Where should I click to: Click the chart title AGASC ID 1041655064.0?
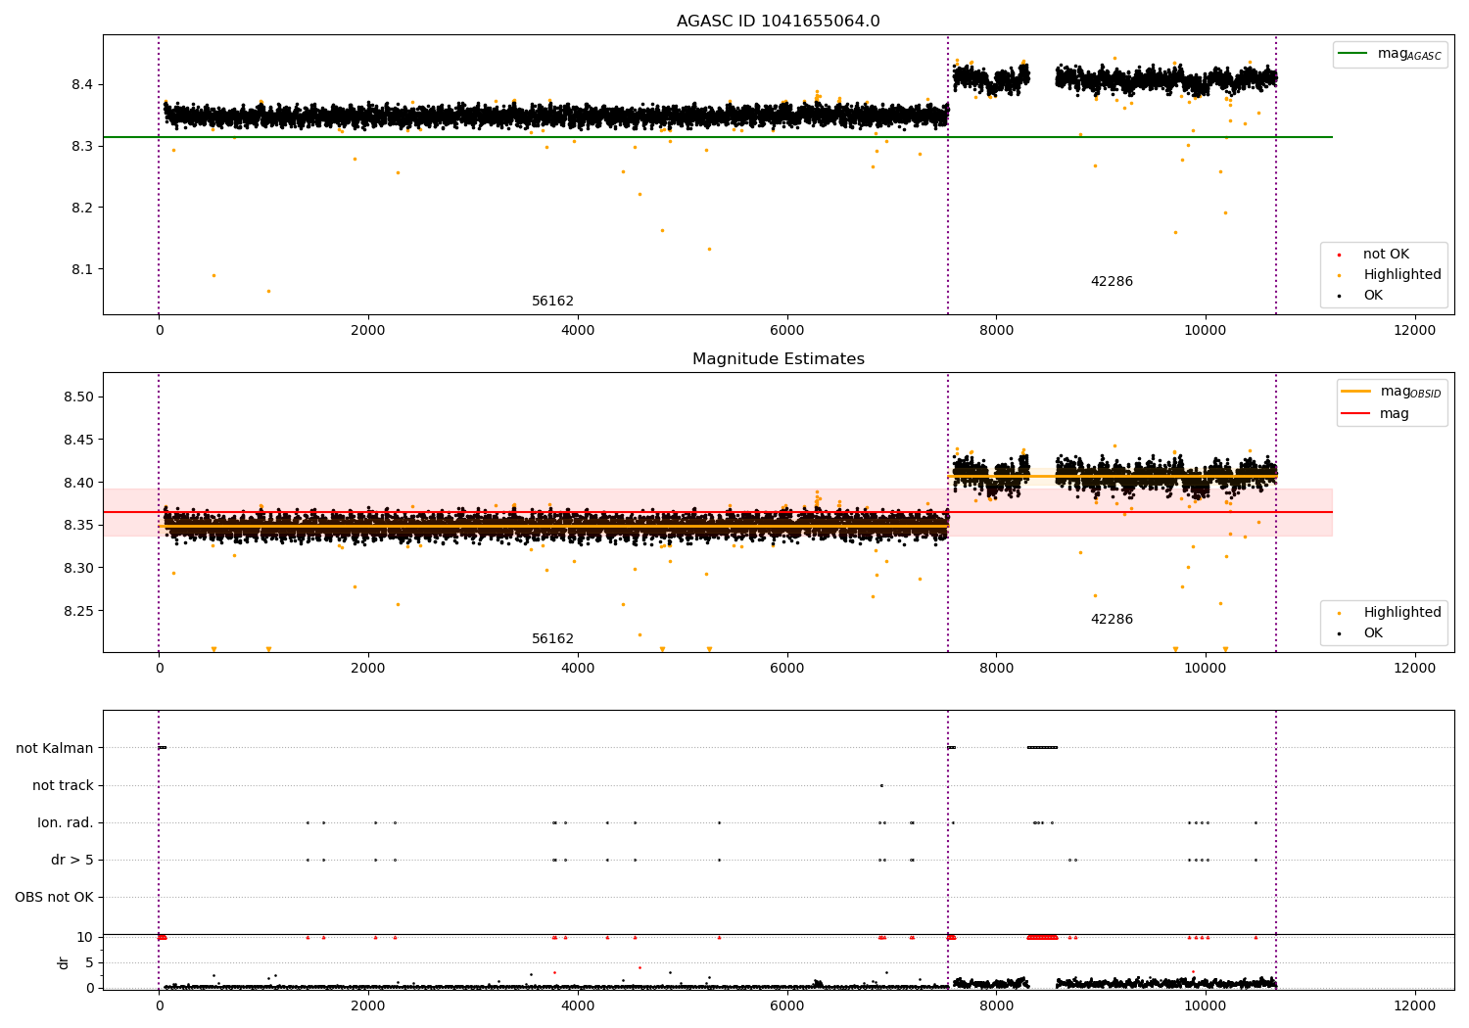778,22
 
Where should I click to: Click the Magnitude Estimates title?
778,359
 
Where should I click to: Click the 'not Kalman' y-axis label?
55,748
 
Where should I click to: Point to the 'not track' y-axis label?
63,785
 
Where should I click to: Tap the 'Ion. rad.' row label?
66,822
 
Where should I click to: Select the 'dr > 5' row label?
72,860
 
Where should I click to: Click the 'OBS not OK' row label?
54,897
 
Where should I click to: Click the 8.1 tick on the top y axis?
82,269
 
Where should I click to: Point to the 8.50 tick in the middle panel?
78,397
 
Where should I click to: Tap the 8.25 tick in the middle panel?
78,611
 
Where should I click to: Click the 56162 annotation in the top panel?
552,302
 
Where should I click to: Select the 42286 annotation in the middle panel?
1112,620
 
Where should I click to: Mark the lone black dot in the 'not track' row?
881,785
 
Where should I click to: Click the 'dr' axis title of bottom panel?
64,962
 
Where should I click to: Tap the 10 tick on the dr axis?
85,937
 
